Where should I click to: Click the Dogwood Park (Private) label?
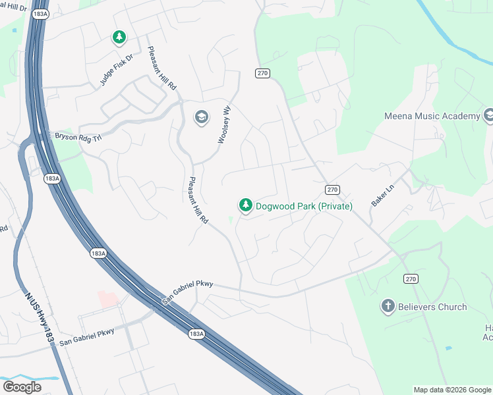pos(304,207)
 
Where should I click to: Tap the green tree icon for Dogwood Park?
pos(246,206)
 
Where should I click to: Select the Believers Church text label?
pos(433,307)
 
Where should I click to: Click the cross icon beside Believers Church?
pos(388,306)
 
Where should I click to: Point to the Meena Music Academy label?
pos(432,117)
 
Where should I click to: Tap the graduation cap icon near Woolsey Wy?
pos(201,118)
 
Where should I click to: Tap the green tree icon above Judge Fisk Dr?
pos(119,38)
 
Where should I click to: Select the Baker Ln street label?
pos(382,196)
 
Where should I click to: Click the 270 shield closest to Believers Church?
pos(411,279)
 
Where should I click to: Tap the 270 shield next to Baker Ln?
pos(332,190)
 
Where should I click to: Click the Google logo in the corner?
pos(22,387)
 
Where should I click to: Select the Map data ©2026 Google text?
pos(452,390)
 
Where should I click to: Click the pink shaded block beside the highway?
pos(108,298)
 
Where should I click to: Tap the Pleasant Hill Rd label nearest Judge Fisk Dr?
pos(161,68)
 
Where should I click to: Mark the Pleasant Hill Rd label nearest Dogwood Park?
pos(198,200)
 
